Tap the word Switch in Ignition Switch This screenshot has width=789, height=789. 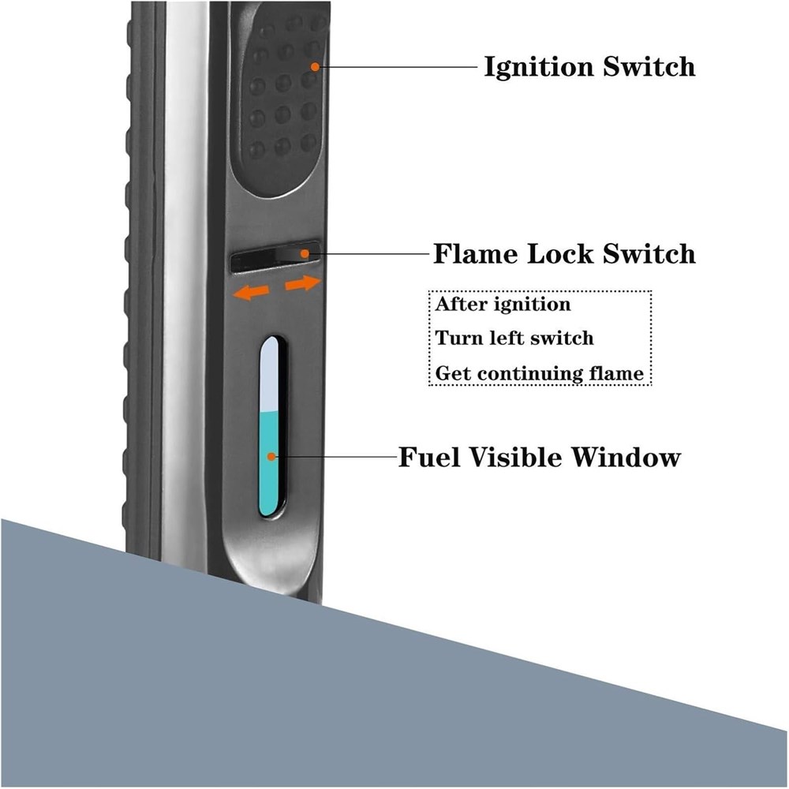click(649, 67)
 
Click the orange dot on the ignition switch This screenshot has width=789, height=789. click(315, 67)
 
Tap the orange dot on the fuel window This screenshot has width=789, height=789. click(271, 457)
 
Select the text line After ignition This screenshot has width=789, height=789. click(503, 304)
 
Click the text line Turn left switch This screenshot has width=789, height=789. click(514, 338)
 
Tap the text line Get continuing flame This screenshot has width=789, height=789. click(540, 372)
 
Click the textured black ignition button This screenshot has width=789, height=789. click(280, 103)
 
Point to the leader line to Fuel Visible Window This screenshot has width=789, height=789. click(331, 457)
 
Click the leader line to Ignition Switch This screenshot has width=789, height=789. click(394, 67)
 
